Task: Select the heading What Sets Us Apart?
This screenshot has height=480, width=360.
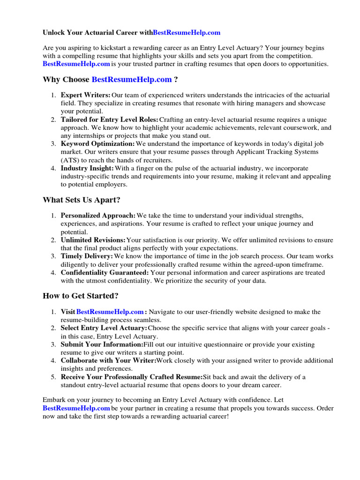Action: tap(82, 200)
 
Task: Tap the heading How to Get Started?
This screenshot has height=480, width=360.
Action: tap(81, 296)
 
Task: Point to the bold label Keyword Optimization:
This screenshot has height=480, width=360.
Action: tap(97, 143)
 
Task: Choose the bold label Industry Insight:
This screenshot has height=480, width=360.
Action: tap(87, 168)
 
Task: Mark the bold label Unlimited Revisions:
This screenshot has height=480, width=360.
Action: tap(93, 240)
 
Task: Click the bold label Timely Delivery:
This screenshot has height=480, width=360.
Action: tap(87, 256)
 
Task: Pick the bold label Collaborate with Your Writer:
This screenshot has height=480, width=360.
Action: tap(108, 360)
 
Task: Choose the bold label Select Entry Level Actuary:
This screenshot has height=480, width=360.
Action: tap(104, 328)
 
